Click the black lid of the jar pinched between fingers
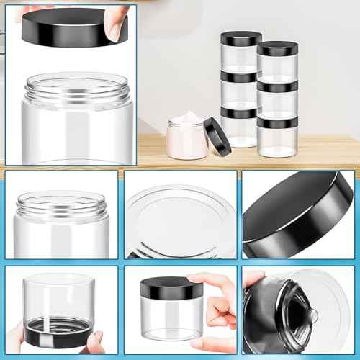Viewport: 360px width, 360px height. [168, 287]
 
